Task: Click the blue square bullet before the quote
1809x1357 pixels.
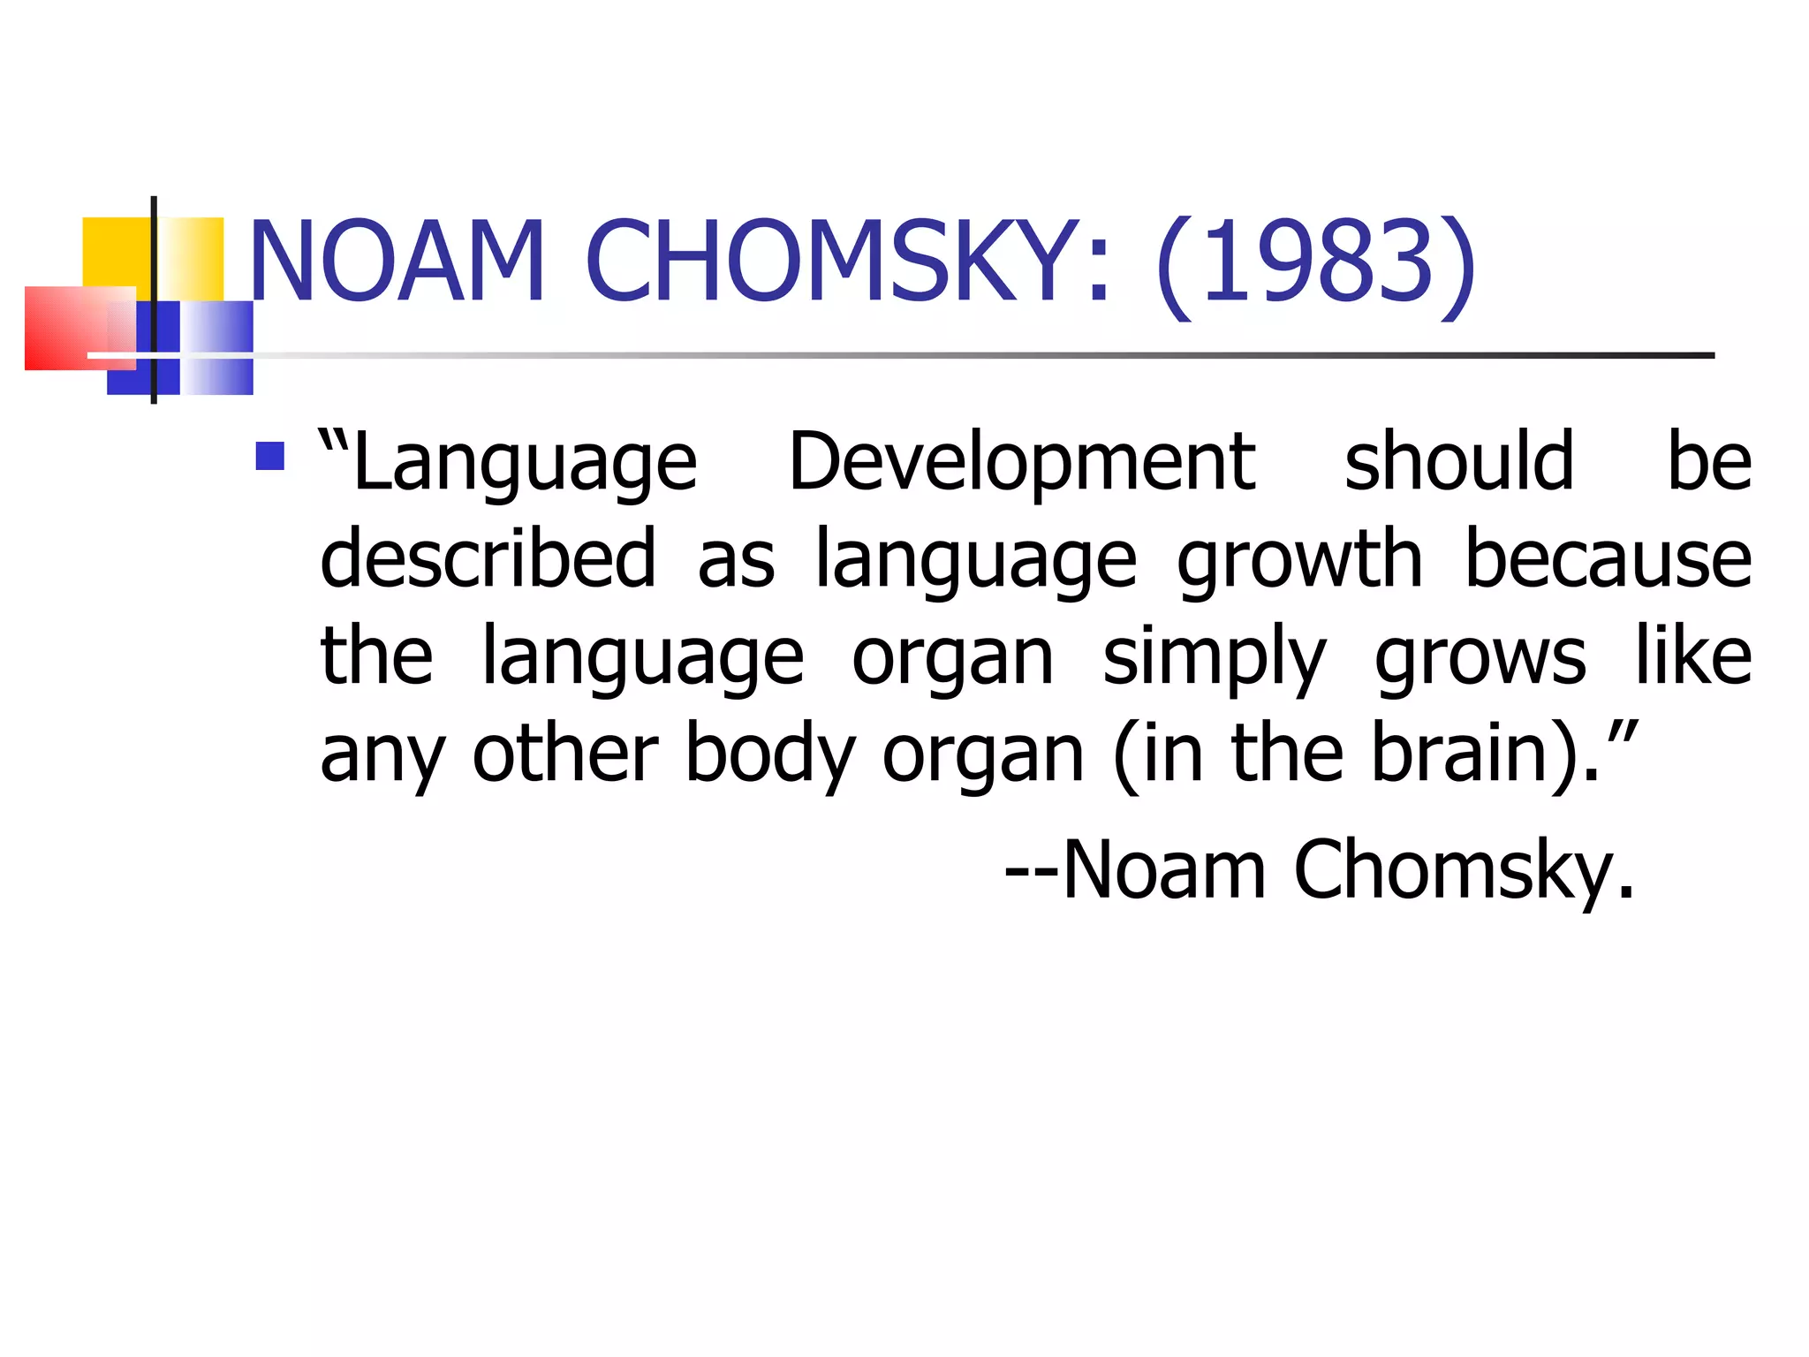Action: coord(269,456)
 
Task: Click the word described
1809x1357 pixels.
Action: coord(488,558)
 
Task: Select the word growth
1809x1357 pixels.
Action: coord(1299,560)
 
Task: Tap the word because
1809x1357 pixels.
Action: coord(1608,558)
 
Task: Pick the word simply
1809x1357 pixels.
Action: coord(1215,658)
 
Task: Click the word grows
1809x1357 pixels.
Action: coord(1480,658)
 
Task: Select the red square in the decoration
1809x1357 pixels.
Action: coord(66,328)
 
